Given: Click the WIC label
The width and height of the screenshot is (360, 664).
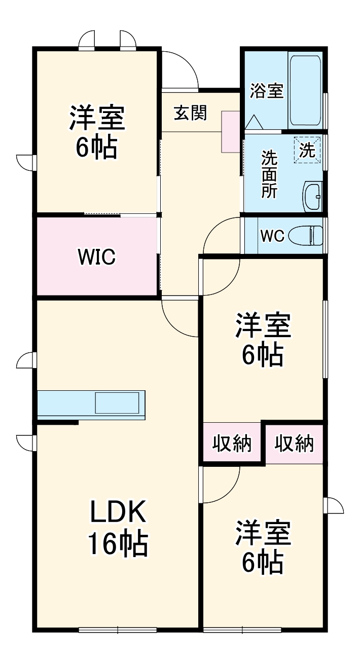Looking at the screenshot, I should click(x=97, y=257).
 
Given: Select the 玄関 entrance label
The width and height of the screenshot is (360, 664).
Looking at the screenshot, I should click(x=190, y=113).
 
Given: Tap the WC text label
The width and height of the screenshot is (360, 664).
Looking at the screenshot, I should click(x=272, y=236).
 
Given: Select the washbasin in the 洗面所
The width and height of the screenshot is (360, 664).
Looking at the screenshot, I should click(x=312, y=195).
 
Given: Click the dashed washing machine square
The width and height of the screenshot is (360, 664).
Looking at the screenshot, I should click(x=308, y=150).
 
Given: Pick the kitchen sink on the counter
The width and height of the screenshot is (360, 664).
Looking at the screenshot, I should click(x=117, y=403).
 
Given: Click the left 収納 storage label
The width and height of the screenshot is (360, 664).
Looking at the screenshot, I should click(x=232, y=444).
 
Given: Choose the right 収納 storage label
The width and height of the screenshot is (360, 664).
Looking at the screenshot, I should click(x=294, y=444).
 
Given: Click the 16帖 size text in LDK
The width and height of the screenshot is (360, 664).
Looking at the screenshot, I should click(x=118, y=544).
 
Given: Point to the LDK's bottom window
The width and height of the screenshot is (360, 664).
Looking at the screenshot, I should click(x=118, y=630).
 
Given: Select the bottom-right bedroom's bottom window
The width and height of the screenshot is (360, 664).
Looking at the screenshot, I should click(x=242, y=630).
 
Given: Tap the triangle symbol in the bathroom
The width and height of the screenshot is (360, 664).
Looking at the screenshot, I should click(x=253, y=122).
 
